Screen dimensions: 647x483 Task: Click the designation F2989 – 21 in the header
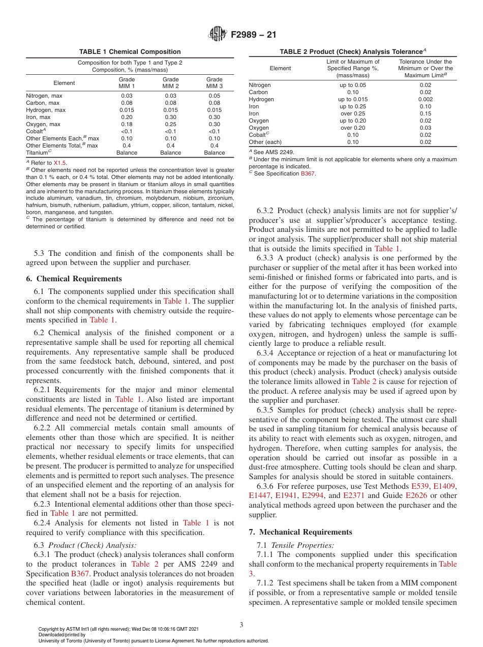(x=254, y=35)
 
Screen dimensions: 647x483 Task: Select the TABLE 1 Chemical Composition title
(x=130, y=52)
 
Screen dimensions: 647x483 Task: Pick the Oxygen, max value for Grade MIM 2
(x=170, y=124)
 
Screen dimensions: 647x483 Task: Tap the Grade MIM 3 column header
(x=214, y=82)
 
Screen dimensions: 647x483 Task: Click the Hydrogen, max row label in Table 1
(x=46, y=110)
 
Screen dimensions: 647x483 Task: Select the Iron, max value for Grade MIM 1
(x=127, y=117)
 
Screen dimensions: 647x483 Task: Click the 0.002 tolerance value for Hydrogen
(x=425, y=99)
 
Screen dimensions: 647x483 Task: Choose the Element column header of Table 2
(x=280, y=68)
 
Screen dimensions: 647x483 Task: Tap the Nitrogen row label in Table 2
(x=260, y=85)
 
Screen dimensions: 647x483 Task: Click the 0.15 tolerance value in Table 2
(x=425, y=113)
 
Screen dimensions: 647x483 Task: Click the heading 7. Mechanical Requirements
(x=300, y=532)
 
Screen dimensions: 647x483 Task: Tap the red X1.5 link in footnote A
(x=60, y=162)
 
